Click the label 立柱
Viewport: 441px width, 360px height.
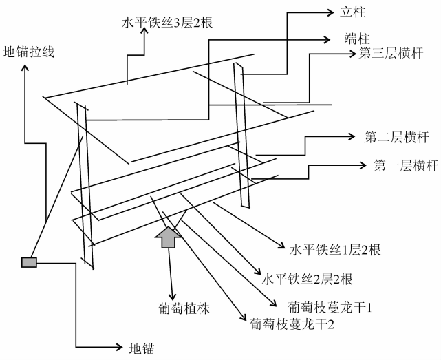coord(353,12)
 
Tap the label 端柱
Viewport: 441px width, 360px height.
coord(357,39)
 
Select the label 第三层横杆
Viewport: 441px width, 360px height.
coord(391,53)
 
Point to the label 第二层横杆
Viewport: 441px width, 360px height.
coord(397,138)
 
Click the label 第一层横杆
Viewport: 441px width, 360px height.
coord(406,165)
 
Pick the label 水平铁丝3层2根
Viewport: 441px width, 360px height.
coord(167,23)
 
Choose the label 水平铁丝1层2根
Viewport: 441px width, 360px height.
coord(335,250)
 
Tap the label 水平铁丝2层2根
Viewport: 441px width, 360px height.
coord(307,279)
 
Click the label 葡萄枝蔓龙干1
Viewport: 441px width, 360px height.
coord(330,308)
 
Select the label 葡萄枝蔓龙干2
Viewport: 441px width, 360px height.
coord(292,324)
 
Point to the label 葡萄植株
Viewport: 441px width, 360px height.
coord(184,308)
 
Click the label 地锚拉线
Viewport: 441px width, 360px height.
coord(28,52)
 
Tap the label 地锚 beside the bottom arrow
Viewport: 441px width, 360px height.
coord(142,348)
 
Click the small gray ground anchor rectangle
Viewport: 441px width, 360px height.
coord(30,262)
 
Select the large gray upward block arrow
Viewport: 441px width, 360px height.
coord(169,237)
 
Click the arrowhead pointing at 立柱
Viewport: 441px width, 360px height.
coord(330,12)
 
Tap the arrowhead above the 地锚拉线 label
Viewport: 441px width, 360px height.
coord(25,68)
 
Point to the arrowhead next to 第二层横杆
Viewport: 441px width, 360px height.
coord(351,137)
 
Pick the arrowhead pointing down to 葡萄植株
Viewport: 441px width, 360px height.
coord(172,297)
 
